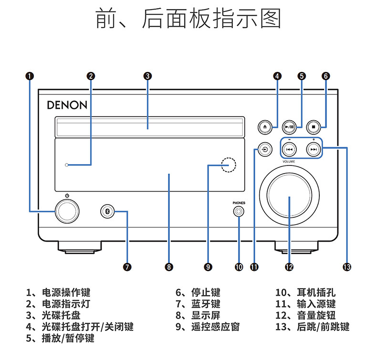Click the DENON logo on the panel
[67, 105]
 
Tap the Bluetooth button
[107, 211]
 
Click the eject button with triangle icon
[265, 127]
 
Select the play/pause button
[289, 127]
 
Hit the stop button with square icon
[314, 127]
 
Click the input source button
[265, 149]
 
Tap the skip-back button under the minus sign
[289, 149]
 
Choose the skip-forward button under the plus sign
[314, 149]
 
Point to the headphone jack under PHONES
[239, 212]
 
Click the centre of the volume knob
[290, 195]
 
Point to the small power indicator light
[67, 165]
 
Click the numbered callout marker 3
[147, 76]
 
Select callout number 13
[347, 267]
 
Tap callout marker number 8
[169, 267]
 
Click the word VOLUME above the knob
[289, 162]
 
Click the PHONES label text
[239, 203]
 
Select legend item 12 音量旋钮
[305, 315]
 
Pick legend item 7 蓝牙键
[198, 304]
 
